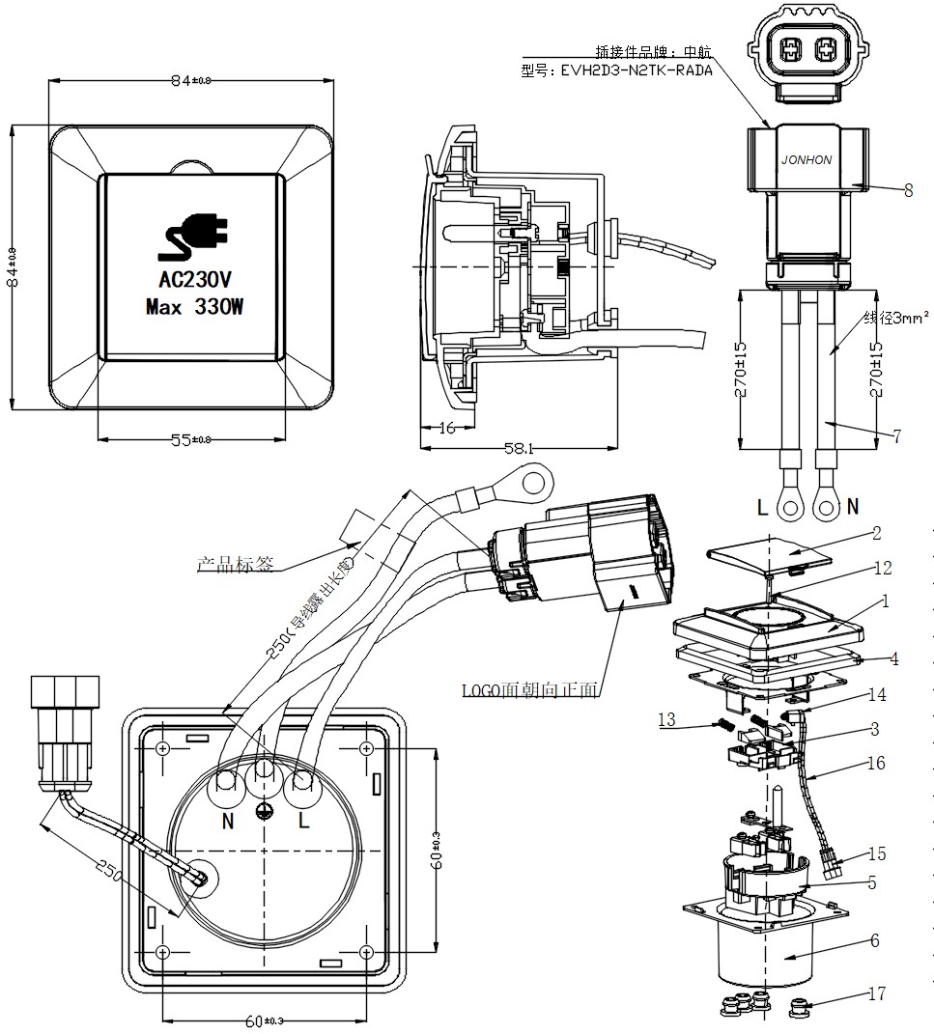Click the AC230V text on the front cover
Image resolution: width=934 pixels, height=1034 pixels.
(194, 281)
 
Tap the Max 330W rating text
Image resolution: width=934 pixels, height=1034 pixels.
(194, 308)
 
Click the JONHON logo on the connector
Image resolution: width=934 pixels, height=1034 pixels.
(806, 160)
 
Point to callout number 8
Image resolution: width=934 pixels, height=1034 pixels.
(908, 191)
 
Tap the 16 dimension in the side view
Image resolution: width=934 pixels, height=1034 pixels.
(447, 428)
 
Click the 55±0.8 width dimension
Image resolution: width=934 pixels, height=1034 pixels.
(194, 439)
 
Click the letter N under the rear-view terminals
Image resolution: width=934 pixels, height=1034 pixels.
(229, 822)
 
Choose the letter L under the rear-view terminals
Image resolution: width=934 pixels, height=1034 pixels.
(303, 822)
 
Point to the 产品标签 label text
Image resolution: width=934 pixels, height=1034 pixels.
(235, 564)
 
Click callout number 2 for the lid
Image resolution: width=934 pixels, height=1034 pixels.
(876, 532)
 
